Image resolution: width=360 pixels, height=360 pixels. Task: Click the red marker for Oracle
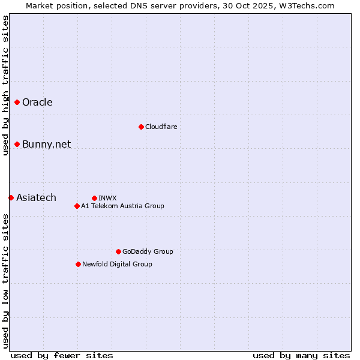17,102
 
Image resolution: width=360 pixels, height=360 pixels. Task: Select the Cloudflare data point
141,127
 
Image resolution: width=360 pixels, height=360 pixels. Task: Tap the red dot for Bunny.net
17,144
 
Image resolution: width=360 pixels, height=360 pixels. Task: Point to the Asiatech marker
11,197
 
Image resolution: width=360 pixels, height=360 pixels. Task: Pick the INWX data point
94,198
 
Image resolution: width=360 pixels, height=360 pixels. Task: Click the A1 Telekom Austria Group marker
77,206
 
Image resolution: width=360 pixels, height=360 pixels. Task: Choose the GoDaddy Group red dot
118,251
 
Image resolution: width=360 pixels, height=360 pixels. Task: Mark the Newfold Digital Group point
78,264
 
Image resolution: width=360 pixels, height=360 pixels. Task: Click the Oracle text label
37,102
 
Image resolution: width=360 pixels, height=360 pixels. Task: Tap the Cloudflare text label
161,127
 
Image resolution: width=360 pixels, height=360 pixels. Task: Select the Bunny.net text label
46,144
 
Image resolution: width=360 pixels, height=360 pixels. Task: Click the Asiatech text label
36,197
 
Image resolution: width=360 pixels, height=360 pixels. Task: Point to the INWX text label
107,198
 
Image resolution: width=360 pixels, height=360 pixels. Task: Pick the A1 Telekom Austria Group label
122,206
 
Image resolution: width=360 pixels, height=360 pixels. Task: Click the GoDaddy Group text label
148,251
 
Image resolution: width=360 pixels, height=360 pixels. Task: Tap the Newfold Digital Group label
117,264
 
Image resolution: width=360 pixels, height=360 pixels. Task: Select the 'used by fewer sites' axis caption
62,355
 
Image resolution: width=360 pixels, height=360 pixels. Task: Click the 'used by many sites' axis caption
301,355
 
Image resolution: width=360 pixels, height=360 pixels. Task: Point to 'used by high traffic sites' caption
5,85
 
